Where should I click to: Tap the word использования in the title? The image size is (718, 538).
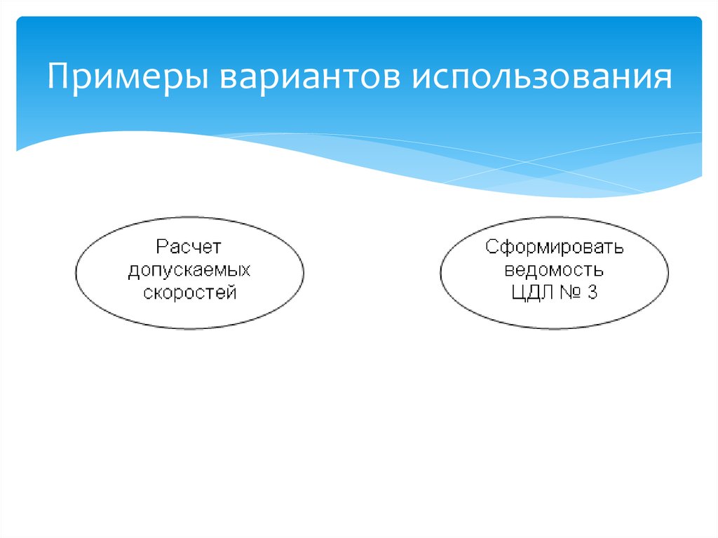pos(542,76)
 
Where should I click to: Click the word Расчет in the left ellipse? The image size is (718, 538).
pos(189,247)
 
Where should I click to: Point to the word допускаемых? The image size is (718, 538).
pos(189,270)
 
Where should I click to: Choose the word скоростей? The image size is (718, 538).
pos(189,292)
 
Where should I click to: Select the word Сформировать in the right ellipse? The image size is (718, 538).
pos(554,247)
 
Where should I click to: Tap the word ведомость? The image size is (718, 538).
pos(554,270)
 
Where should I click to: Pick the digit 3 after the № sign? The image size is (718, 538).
pos(592,292)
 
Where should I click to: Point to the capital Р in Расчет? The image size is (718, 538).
pos(161,247)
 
